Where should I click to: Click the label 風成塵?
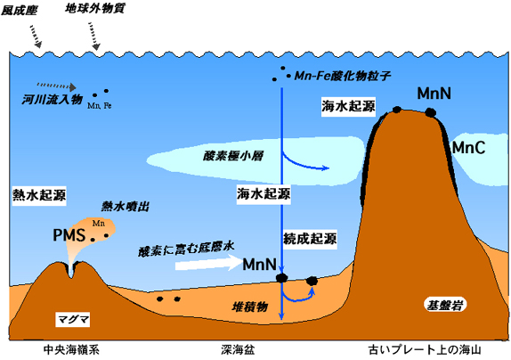19,10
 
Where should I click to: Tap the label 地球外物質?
95,9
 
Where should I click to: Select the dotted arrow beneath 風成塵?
36,37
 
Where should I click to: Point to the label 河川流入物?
53,99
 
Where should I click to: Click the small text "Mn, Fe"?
100,106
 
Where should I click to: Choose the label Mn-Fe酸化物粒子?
342,76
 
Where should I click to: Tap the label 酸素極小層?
233,156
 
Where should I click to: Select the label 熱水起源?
39,195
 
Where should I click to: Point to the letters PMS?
69,235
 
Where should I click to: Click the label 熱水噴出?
126,207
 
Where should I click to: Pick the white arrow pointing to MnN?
208,263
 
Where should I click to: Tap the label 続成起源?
310,239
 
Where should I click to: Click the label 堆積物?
249,307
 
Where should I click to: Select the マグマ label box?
73,319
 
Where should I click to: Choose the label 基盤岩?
445,306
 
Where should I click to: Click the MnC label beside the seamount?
468,148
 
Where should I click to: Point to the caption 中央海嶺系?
71,350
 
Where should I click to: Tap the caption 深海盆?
238,350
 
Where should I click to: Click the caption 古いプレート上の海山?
425,350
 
